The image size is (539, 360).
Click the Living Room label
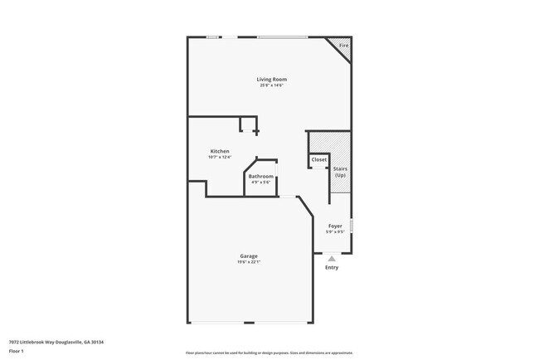pyautogui.click(x=272, y=79)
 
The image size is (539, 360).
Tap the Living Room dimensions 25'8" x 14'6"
pyautogui.click(x=272, y=85)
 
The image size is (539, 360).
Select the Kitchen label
pyautogui.click(x=220, y=151)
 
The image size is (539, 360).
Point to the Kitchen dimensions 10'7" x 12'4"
pyautogui.click(x=220, y=157)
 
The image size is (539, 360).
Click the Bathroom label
pyautogui.click(x=261, y=176)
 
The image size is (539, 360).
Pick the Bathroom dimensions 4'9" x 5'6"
pyautogui.click(x=261, y=182)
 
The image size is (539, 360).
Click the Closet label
pyautogui.click(x=319, y=159)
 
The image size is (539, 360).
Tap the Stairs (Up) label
pyautogui.click(x=340, y=173)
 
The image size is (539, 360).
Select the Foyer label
pyautogui.click(x=335, y=226)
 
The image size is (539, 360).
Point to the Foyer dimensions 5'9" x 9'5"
pyautogui.click(x=335, y=231)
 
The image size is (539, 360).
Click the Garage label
pyautogui.click(x=249, y=255)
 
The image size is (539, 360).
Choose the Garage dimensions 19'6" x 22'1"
pyautogui.click(x=249, y=261)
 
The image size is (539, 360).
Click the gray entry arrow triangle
pyautogui.click(x=332, y=259)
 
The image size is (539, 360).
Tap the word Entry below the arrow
pyautogui.click(x=332, y=267)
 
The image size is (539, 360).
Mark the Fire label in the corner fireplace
pyautogui.click(x=343, y=45)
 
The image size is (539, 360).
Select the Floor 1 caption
pyautogui.click(x=17, y=351)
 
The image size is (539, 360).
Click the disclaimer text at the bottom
pyautogui.click(x=269, y=352)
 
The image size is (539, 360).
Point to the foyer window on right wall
pyautogui.click(x=352, y=226)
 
